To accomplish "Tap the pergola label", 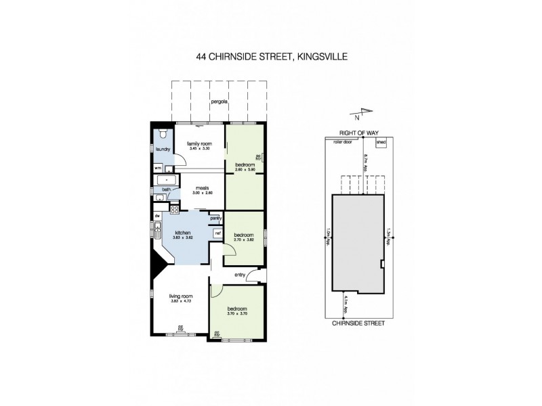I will (x=218, y=101).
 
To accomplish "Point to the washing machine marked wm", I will (x=158, y=167).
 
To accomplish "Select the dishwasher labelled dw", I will (x=157, y=216).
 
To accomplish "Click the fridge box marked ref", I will (x=217, y=233).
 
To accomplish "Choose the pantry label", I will (x=215, y=219).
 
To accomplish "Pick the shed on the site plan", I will (x=381, y=143).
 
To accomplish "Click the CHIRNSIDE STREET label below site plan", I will (x=358, y=323).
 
